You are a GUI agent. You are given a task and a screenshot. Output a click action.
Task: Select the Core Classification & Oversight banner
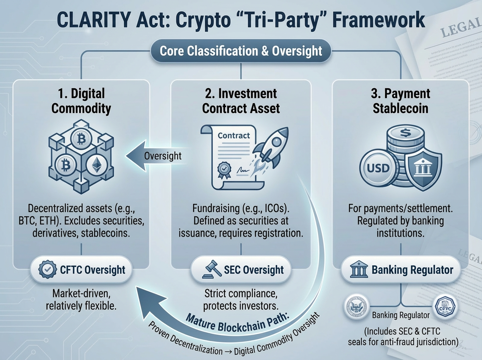tap(241, 51)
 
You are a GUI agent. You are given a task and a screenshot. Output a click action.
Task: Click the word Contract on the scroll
tap(233, 136)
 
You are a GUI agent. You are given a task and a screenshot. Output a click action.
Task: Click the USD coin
tap(378, 167)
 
